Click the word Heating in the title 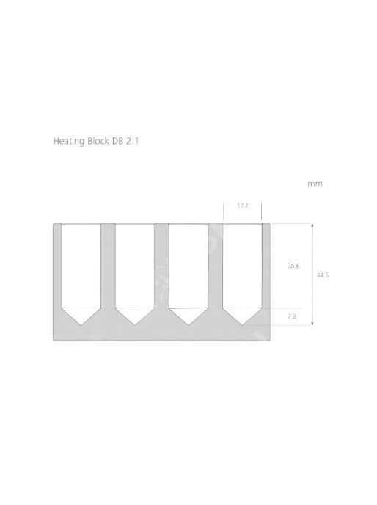[x=69, y=142]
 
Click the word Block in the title [x=98, y=141]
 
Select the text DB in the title [x=117, y=141]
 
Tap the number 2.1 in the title [x=132, y=141]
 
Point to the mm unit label [x=315, y=184]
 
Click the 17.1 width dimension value [x=243, y=206]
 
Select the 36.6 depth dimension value [x=293, y=266]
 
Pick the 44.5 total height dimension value [x=323, y=275]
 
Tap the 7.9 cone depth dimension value [x=292, y=316]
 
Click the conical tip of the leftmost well [x=81, y=324]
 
